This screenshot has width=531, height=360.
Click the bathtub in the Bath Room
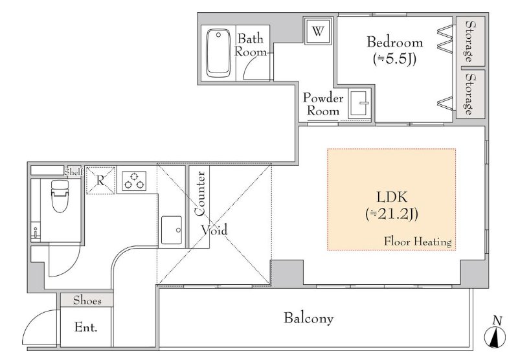click(218, 53)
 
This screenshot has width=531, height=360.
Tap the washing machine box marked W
click(318, 31)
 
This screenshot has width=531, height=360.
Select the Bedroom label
click(395, 42)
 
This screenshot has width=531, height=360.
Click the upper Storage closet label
click(469, 41)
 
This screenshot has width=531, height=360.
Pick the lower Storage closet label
click(469, 94)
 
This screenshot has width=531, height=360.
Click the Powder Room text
click(322, 104)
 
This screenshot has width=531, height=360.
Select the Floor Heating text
click(418, 242)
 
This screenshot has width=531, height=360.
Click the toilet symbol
click(60, 196)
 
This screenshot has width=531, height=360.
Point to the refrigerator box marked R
click(100, 181)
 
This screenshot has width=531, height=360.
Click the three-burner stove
click(134, 181)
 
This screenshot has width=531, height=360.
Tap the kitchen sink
click(172, 231)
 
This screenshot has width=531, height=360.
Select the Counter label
click(200, 194)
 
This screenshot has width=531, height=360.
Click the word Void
click(214, 230)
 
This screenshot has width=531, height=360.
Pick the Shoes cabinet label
click(87, 300)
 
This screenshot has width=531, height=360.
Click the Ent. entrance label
click(85, 327)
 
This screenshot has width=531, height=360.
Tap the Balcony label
click(308, 319)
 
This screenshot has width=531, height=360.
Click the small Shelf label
click(74, 172)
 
